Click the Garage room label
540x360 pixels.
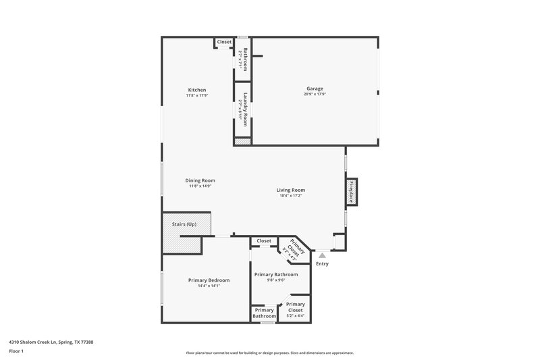(x=315, y=88)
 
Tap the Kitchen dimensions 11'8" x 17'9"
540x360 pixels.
(x=197, y=95)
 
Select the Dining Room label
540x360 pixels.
(x=200, y=180)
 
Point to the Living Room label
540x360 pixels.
(x=291, y=190)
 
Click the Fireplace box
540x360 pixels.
(x=351, y=191)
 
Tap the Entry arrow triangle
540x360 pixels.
(x=322, y=255)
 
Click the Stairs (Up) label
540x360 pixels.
(x=184, y=224)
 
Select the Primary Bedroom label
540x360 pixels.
(x=209, y=280)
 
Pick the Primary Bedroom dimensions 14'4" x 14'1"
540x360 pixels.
(x=209, y=286)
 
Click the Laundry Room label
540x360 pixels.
(x=246, y=109)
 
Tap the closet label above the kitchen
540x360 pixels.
(x=224, y=42)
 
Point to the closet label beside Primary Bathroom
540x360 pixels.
(x=264, y=241)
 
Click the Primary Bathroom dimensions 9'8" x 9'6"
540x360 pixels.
(x=275, y=281)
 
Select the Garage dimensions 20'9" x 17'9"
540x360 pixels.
(x=315, y=95)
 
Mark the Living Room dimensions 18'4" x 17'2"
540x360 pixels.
(x=291, y=196)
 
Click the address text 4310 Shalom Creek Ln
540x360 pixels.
(x=51, y=342)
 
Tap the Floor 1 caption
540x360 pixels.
(x=16, y=351)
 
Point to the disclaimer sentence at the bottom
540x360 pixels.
(x=270, y=353)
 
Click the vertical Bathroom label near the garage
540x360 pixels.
(x=246, y=59)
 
